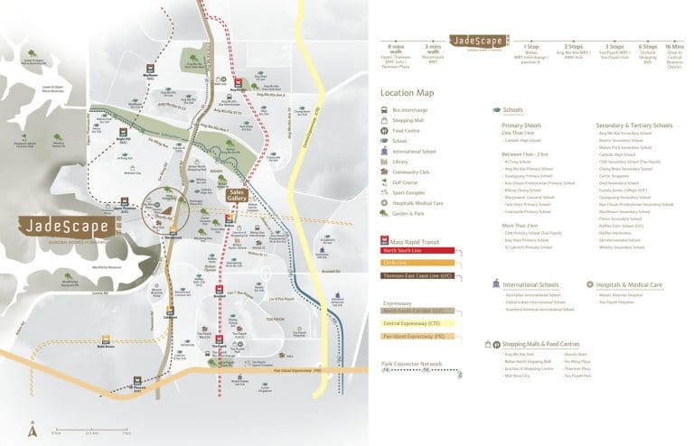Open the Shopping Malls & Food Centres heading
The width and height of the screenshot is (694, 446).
click(x=541, y=343)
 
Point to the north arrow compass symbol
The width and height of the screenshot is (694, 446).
click(x=33, y=429)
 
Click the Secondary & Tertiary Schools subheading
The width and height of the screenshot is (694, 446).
click(x=633, y=125)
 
